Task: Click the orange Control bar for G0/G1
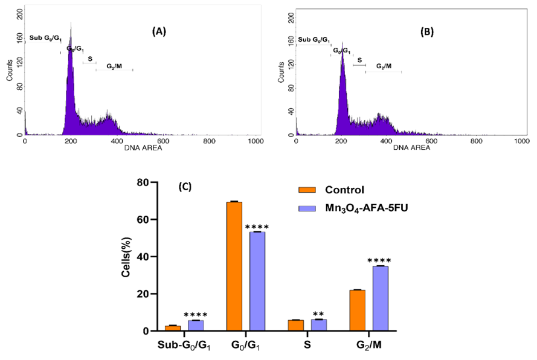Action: click(234, 266)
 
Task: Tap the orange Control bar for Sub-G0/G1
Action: click(172, 328)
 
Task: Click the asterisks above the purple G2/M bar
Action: click(379, 261)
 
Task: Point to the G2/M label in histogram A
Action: click(114, 66)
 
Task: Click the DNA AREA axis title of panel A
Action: click(140, 149)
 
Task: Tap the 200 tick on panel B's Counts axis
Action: click(291, 19)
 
